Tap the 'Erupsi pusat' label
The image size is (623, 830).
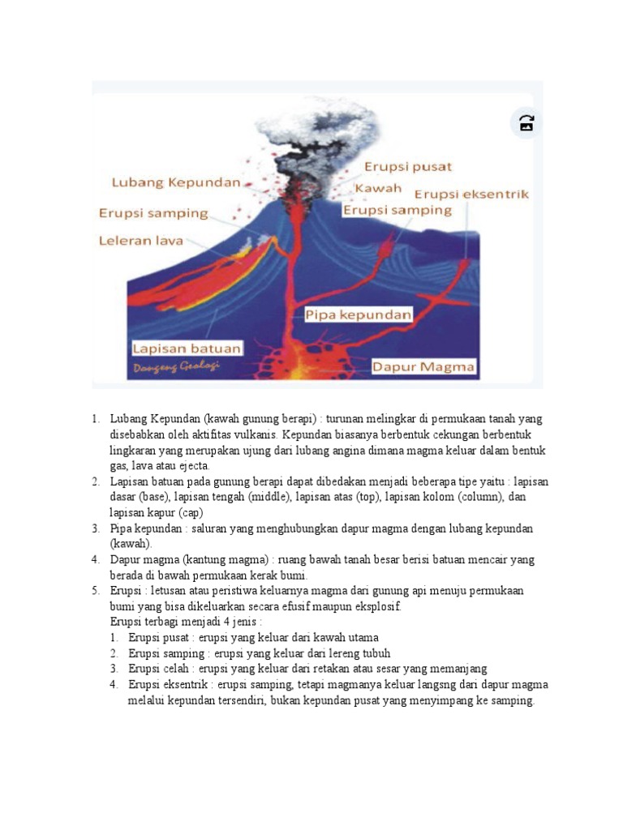click(x=407, y=167)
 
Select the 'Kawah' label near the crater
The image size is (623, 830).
click(x=378, y=188)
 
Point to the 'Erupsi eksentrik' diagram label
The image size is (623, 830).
click(x=471, y=194)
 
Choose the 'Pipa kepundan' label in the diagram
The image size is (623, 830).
click(x=359, y=314)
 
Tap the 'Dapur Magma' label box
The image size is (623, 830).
click(x=423, y=367)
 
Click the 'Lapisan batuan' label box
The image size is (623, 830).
click(x=187, y=349)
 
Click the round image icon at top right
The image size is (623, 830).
click(x=526, y=123)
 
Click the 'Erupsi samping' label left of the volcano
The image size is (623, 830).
click(x=153, y=214)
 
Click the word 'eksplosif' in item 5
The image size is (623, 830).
click(x=378, y=606)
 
